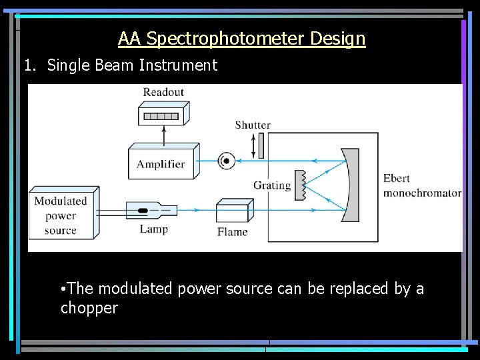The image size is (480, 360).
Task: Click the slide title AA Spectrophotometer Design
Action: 241,39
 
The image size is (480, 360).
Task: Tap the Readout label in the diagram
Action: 163,93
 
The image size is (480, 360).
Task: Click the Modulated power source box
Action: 61,215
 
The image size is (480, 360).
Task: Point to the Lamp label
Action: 154,229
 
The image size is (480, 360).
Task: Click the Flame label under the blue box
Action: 232,232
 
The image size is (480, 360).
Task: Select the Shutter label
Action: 253,125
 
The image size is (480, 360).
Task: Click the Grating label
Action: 272,185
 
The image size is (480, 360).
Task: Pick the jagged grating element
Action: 301,185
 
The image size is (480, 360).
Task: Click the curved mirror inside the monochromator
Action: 351,186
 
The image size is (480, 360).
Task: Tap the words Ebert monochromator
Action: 421,186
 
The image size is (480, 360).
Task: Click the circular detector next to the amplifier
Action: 226,161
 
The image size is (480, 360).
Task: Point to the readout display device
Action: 162,115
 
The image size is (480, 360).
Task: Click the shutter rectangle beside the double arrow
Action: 261,146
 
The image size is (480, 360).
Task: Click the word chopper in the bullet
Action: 89,308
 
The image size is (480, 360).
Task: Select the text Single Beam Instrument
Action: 132,65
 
